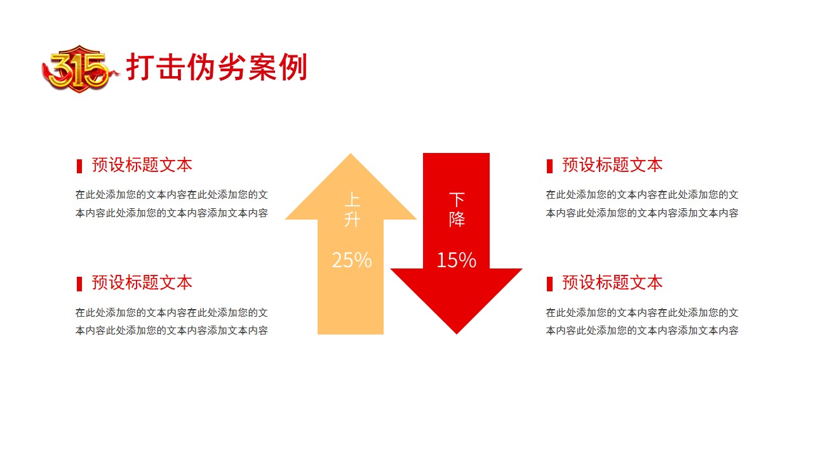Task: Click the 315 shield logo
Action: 80,69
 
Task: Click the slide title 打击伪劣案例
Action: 217,67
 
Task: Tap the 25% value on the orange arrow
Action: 352,260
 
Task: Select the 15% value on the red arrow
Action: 456,260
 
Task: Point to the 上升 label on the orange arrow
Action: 352,209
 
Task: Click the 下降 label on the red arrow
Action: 457,209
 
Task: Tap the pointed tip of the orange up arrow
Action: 351,154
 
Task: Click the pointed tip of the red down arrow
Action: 457,334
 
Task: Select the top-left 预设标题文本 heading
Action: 142,164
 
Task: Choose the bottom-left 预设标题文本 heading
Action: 142,282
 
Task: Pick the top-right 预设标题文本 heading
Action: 612,164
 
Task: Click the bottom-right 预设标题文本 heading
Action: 612,282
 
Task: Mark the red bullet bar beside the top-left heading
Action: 79,166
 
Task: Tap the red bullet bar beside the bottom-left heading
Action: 79,284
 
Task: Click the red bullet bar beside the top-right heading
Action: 549,166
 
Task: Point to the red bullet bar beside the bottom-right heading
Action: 549,284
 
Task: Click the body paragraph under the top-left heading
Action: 171,204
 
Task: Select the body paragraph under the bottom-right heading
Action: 642,321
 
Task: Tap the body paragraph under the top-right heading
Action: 642,204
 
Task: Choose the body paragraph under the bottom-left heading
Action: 171,321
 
